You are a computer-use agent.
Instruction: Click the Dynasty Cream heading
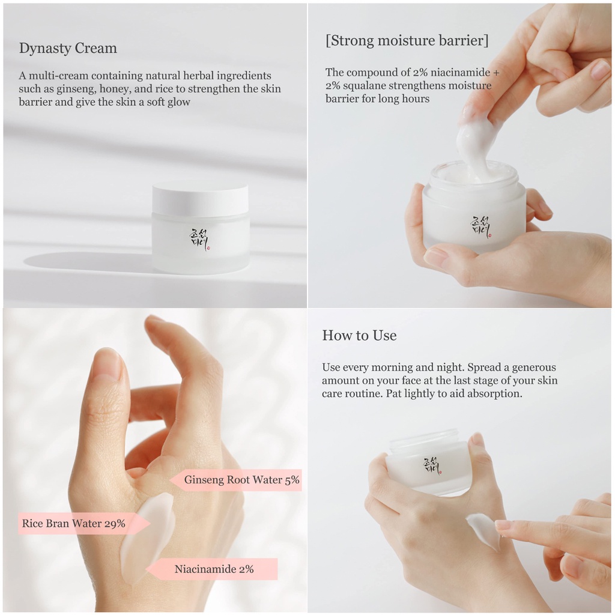tap(68, 48)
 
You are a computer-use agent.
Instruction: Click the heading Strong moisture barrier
tap(407, 40)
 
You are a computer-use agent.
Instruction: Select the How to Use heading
tap(359, 335)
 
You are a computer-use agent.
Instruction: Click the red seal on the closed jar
tap(208, 248)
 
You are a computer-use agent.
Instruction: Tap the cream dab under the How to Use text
tap(483, 532)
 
